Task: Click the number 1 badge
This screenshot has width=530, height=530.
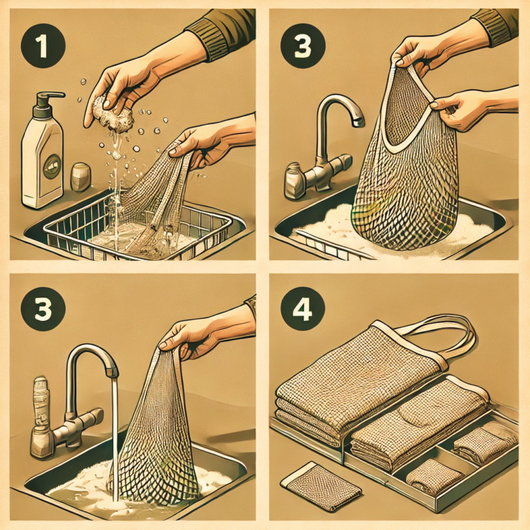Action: (x=43, y=46)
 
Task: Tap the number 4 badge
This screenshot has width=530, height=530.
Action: (x=302, y=309)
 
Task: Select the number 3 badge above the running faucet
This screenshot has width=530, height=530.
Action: (x=43, y=309)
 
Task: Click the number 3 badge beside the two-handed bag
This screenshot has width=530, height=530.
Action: (x=303, y=46)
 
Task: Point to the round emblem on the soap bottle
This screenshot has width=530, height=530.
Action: (x=52, y=166)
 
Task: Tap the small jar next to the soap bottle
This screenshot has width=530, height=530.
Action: (x=81, y=177)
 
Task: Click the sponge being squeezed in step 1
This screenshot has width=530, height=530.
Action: (x=112, y=114)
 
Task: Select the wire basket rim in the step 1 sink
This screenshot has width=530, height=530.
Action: (x=137, y=216)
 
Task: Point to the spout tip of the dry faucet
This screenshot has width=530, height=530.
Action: (x=358, y=122)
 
